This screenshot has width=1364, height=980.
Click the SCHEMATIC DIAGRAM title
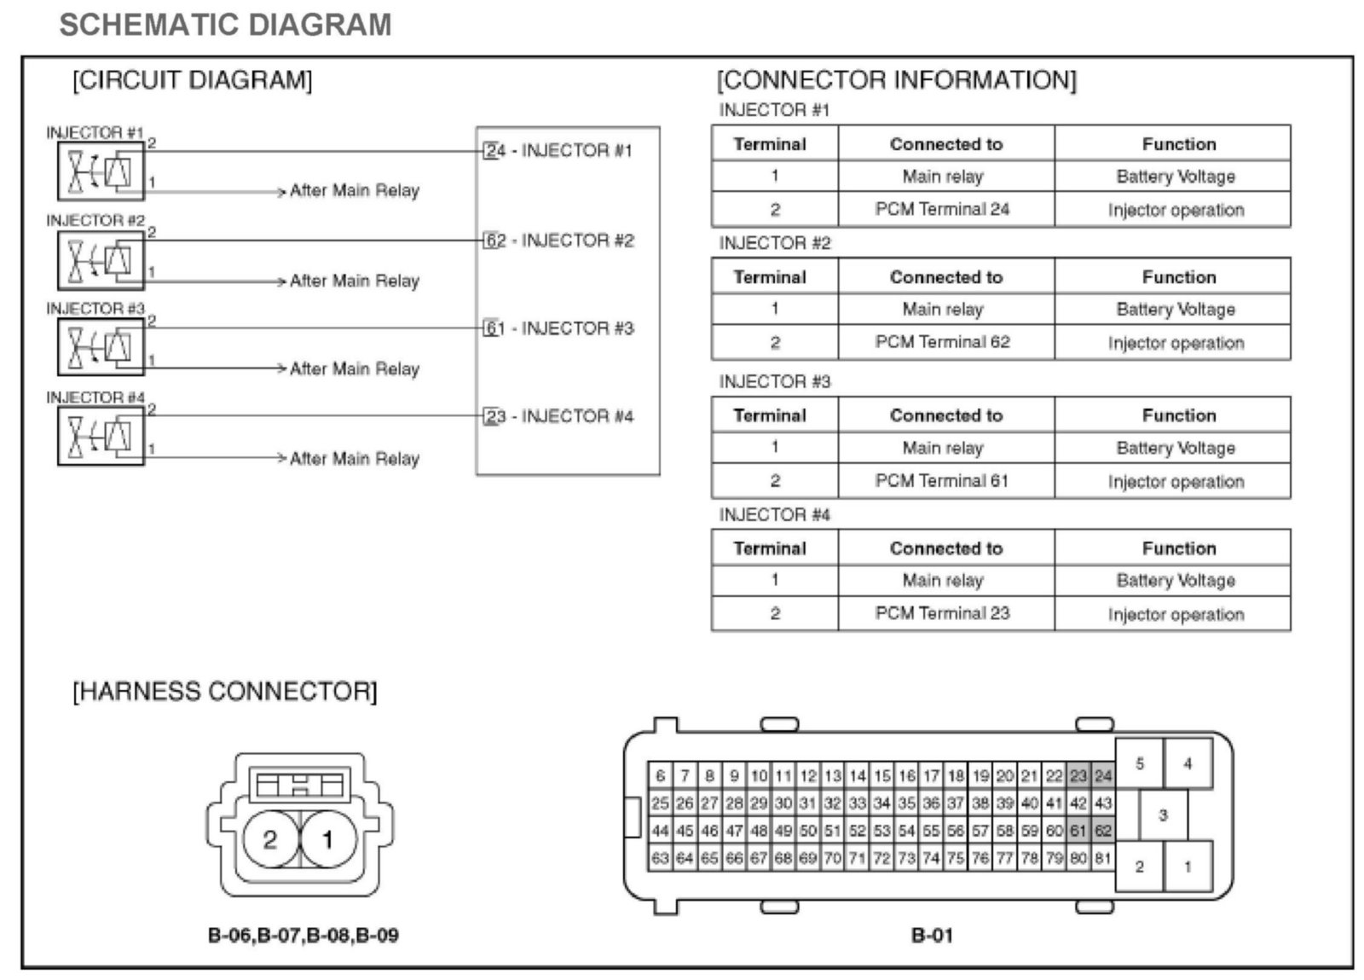click(x=225, y=25)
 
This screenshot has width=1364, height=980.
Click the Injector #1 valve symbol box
click(x=101, y=171)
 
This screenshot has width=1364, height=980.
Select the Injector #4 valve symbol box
click(x=101, y=435)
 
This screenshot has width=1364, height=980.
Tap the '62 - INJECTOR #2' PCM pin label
click(x=559, y=241)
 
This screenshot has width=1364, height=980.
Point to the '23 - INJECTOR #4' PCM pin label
click(x=559, y=416)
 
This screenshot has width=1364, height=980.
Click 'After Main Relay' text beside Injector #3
click(x=355, y=368)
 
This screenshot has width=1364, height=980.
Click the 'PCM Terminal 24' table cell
click(x=942, y=210)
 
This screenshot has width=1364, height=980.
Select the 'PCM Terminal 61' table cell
click(x=942, y=481)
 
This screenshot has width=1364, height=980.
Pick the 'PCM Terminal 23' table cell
click(x=942, y=613)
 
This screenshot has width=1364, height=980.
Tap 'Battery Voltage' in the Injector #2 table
click(x=1176, y=310)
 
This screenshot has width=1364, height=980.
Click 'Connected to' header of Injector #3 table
click(x=946, y=415)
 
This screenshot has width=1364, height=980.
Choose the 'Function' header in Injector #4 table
click(x=1179, y=548)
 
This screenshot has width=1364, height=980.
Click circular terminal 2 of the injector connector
click(x=270, y=840)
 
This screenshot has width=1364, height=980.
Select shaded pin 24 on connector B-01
click(x=1103, y=776)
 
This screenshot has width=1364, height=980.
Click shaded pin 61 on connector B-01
click(x=1078, y=830)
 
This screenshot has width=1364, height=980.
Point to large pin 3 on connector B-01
click(x=1163, y=815)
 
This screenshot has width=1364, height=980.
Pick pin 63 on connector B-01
click(x=660, y=857)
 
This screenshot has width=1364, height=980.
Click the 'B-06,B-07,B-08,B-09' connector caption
click(x=303, y=936)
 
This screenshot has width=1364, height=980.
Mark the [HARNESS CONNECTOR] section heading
click(x=225, y=691)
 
